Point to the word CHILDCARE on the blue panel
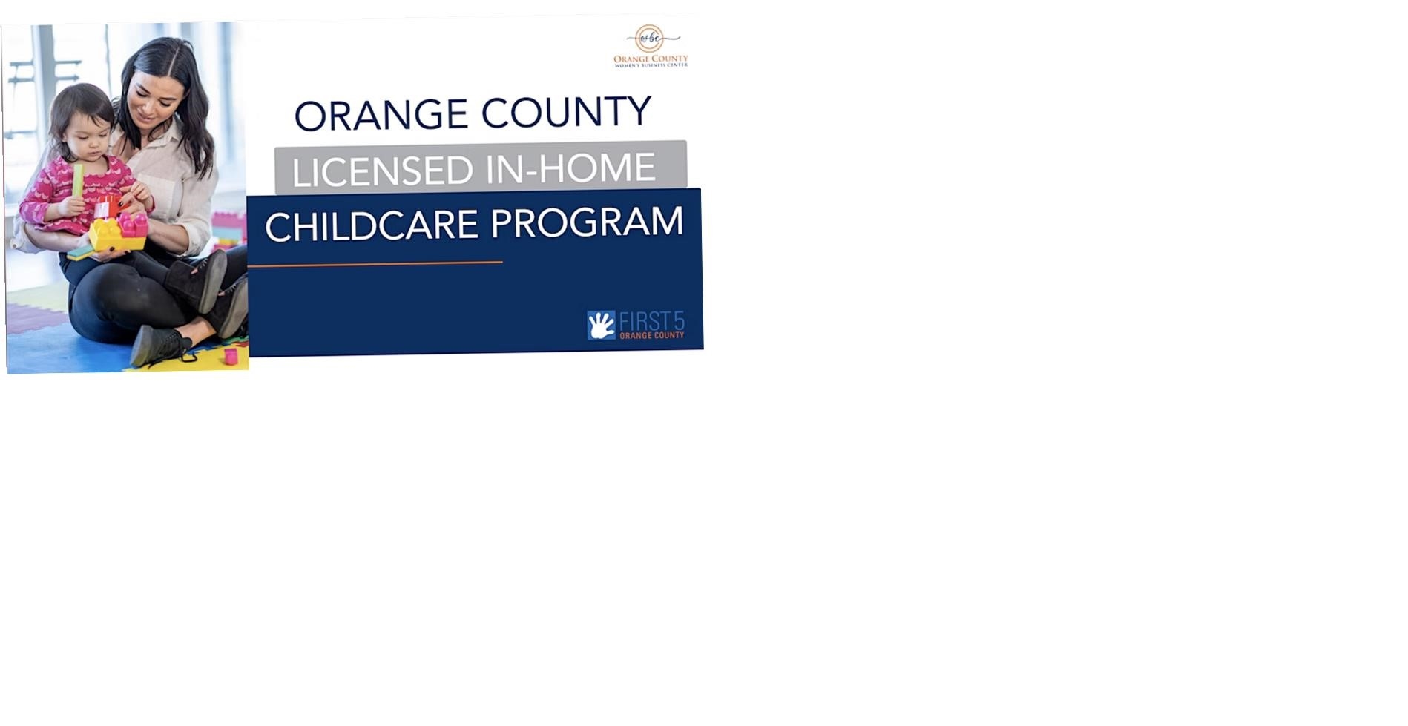pos(372,226)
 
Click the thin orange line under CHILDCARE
pos(375,263)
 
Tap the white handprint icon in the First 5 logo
pos(602,326)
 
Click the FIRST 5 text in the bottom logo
pos(652,322)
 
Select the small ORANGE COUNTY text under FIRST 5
pos(652,336)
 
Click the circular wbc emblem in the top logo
pos(650,38)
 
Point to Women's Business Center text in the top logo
pos(651,65)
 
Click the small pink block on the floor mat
pos(231,357)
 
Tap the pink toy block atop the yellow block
pos(134,225)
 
